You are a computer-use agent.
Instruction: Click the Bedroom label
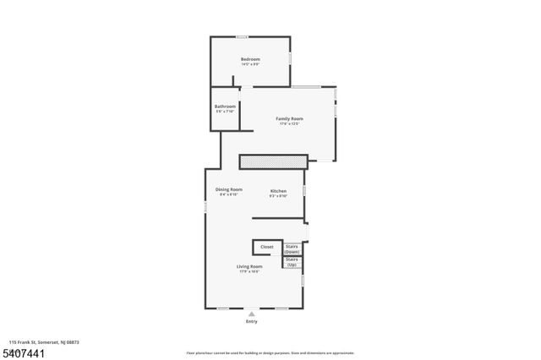click(250, 59)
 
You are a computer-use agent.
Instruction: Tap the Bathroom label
click(225, 106)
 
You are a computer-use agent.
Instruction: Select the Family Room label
click(290, 118)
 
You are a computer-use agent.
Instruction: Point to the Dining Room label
click(229, 189)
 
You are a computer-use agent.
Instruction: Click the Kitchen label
click(279, 192)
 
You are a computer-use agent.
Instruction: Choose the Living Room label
click(249, 266)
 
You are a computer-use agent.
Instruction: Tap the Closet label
click(266, 247)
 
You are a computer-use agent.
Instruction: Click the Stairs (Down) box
click(292, 249)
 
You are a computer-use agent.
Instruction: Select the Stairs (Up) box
click(292, 263)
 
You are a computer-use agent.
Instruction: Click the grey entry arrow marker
click(251, 314)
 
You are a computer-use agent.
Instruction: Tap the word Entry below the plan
click(251, 322)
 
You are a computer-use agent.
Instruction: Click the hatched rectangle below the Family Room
click(272, 161)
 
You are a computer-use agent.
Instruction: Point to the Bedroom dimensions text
click(250, 64)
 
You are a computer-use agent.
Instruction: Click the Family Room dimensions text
click(290, 123)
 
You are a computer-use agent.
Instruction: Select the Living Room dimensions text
click(249, 271)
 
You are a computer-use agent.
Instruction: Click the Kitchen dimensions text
click(279, 196)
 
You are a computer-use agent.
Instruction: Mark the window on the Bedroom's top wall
click(242, 36)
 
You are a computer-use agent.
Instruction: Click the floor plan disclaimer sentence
click(270, 352)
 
